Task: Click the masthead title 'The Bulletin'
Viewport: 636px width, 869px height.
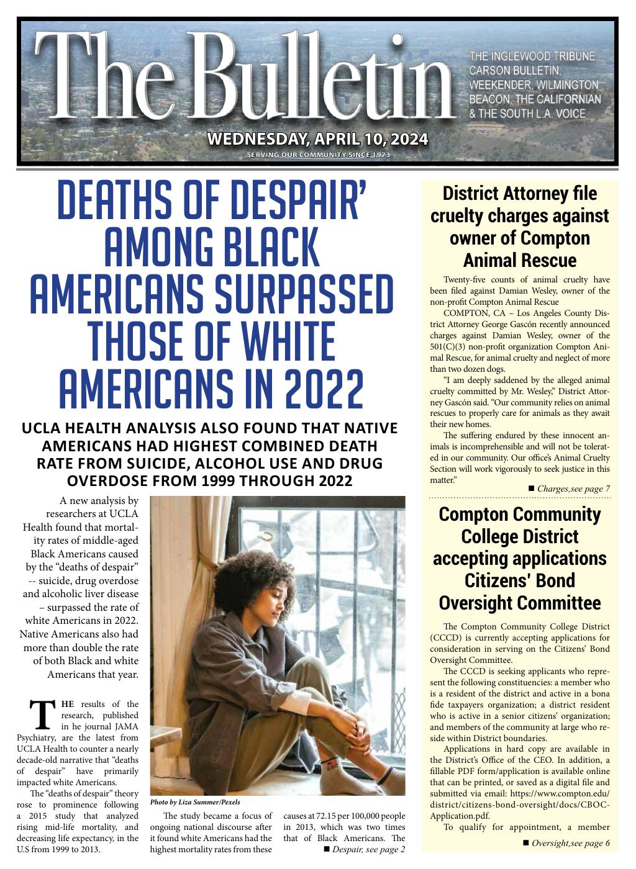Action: (245, 78)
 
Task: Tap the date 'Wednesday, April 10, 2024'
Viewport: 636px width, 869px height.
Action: (317, 138)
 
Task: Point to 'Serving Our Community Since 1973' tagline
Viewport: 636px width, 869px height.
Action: (318, 155)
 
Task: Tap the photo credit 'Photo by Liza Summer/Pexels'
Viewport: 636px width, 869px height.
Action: (195, 802)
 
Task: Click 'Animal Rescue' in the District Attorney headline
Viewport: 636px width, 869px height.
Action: (520, 260)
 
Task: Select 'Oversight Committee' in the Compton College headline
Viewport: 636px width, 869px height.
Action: (520, 603)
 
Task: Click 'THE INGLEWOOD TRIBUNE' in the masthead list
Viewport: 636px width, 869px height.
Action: (534, 56)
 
